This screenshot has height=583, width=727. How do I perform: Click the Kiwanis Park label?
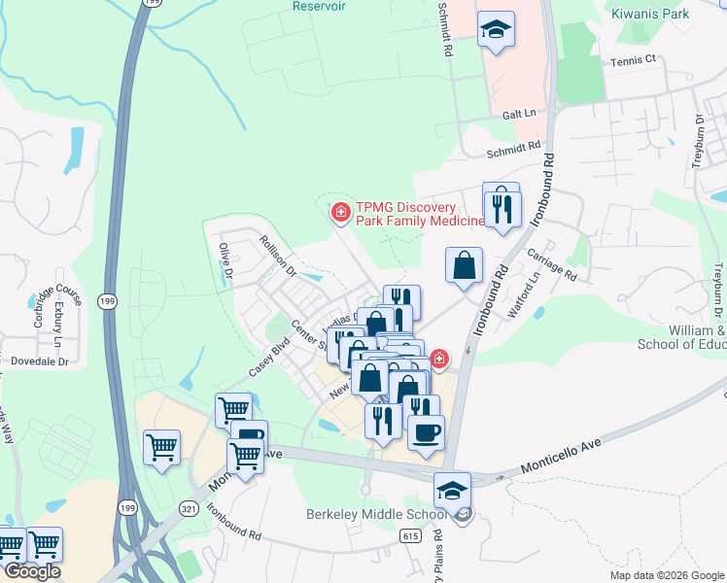pyautogui.click(x=650, y=14)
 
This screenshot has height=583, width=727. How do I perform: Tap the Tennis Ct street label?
pyautogui.click(x=634, y=60)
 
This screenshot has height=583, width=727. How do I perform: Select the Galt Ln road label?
pyautogui.click(x=519, y=114)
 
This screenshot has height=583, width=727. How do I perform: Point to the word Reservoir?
pyautogui.click(x=320, y=5)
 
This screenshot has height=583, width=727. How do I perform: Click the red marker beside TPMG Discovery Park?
pyautogui.click(x=340, y=212)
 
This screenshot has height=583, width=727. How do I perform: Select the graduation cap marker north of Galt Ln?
pyautogui.click(x=496, y=29)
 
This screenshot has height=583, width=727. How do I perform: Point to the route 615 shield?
pyautogui.click(x=410, y=535)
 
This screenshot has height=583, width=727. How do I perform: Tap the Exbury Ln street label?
pyautogui.click(x=57, y=325)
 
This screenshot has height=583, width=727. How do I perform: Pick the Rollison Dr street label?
pyautogui.click(x=277, y=254)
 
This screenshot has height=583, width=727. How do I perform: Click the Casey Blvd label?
pyautogui.click(x=269, y=358)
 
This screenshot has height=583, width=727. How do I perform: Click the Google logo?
pyautogui.click(x=32, y=572)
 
